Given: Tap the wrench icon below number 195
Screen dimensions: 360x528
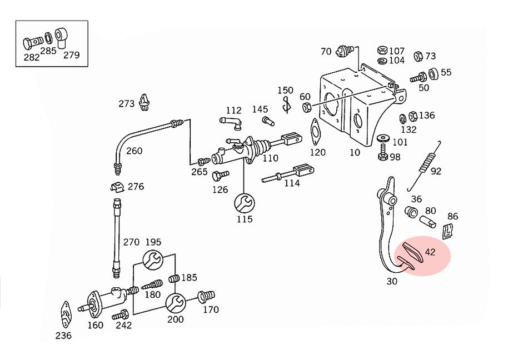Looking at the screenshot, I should (154, 259).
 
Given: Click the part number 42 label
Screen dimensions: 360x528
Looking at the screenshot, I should (430, 252).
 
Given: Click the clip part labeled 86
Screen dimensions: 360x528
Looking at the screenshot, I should (448, 232).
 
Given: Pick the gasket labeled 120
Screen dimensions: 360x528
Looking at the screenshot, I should (316, 131).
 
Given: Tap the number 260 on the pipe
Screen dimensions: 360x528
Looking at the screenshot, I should (134, 151).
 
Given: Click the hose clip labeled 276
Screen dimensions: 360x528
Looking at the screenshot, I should (116, 186).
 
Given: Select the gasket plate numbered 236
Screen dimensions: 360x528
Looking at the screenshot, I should (65, 315).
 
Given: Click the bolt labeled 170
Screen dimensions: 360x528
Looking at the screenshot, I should (207, 296).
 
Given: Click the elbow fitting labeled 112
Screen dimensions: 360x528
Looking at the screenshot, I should (230, 121).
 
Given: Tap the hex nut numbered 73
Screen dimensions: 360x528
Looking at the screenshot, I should (418, 56).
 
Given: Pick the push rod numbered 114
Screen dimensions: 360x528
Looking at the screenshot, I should (289, 173).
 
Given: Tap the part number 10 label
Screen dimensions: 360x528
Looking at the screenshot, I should (355, 152).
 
